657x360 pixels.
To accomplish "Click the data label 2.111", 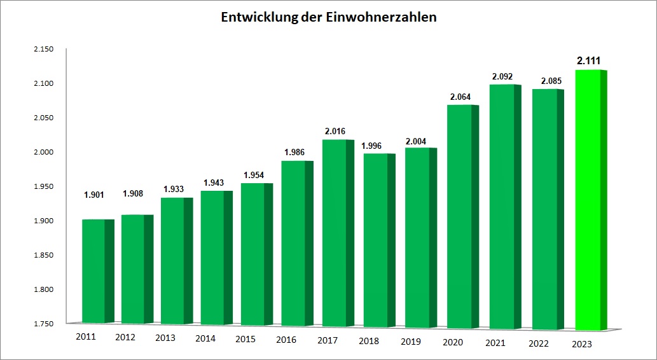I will (x=589, y=61).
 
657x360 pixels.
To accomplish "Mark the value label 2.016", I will (x=336, y=132).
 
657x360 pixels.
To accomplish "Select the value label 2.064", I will (x=460, y=97).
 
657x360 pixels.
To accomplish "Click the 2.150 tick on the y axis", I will (x=44, y=49).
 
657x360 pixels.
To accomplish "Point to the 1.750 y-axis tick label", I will (x=44, y=324).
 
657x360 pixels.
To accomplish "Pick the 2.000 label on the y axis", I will (x=44, y=152).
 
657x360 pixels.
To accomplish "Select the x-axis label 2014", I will (x=205, y=338).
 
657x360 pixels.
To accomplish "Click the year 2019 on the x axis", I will (x=410, y=341).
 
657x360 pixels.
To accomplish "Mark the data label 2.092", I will (x=502, y=77).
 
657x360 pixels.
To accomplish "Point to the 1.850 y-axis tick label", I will (x=44, y=255).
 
